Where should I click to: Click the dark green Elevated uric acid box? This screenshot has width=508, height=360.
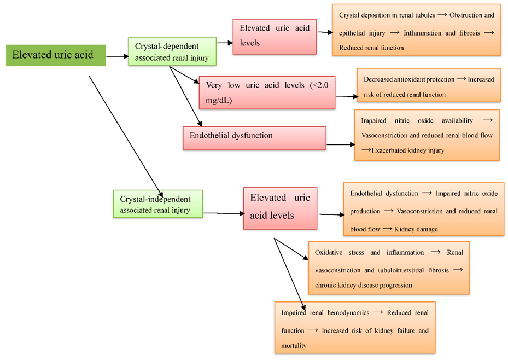pos(55,55)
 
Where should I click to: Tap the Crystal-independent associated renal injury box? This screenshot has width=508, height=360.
pos(157,205)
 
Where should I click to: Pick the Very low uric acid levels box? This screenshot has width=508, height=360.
pos(266,92)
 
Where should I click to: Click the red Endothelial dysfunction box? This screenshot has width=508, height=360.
pos(254,138)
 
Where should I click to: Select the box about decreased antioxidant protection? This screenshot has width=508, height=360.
pos(429,86)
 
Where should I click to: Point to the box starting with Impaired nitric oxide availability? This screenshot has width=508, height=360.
pos(427,135)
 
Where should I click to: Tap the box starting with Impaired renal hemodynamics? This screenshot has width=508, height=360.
pos(355,327)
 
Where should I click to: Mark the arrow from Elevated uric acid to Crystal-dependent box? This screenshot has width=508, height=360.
pos(116,56)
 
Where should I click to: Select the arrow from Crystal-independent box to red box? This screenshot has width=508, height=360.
pos(223,213)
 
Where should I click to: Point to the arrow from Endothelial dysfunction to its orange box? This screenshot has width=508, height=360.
pos(340,145)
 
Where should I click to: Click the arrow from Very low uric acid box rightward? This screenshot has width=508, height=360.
pos(346,96)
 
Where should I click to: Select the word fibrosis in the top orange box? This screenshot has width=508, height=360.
pos(469,33)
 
